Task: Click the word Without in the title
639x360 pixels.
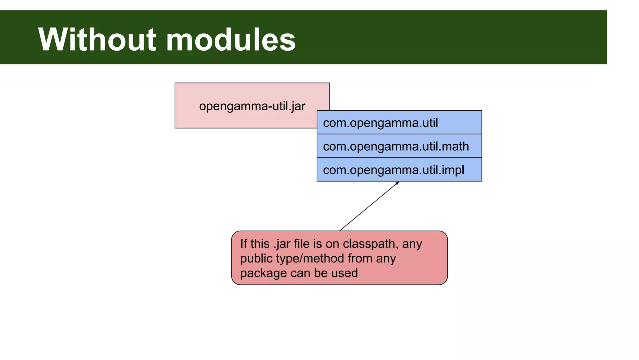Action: point(97,40)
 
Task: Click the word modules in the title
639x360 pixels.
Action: point(231,40)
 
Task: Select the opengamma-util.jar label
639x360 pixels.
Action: point(252,106)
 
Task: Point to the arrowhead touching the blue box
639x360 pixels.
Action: point(398,183)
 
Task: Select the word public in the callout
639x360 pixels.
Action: point(254,259)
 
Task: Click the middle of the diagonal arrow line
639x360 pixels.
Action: point(369,206)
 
